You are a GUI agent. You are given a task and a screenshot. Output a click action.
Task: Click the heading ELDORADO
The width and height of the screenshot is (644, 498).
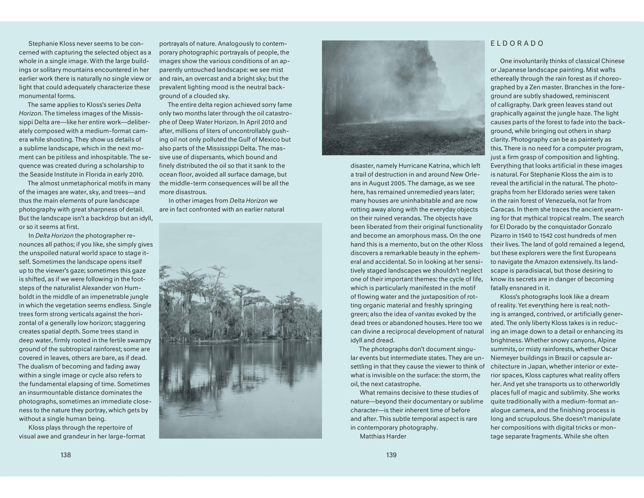point(517,43)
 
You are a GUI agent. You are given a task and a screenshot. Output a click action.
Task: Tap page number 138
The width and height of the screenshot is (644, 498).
point(66,455)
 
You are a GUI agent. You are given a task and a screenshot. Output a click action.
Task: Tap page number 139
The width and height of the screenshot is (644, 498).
point(392,455)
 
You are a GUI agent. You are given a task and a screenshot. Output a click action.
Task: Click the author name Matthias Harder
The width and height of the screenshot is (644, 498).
point(383,436)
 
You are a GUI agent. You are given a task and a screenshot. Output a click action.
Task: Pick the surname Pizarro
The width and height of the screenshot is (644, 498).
point(502,236)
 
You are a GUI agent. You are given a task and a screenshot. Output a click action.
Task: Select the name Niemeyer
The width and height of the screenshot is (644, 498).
point(505,358)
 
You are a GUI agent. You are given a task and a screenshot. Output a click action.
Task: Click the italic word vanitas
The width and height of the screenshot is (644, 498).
point(425,314)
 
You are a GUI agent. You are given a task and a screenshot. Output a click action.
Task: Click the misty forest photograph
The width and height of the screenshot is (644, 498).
point(403,98)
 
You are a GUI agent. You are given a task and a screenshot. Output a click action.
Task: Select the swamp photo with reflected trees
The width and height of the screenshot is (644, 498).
point(240,331)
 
